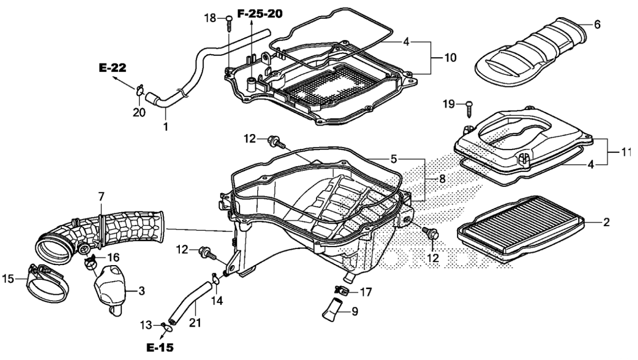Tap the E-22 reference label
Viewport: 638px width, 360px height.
112,68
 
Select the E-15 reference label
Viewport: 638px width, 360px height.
161,347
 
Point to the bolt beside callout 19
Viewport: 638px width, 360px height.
470,107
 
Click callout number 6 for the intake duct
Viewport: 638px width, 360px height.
597,24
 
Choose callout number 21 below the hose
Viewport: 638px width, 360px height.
194,323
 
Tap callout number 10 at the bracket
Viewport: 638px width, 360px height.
450,58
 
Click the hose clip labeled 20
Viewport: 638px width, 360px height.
139,90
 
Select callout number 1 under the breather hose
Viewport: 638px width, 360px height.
165,127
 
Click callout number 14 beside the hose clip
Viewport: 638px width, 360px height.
217,300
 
